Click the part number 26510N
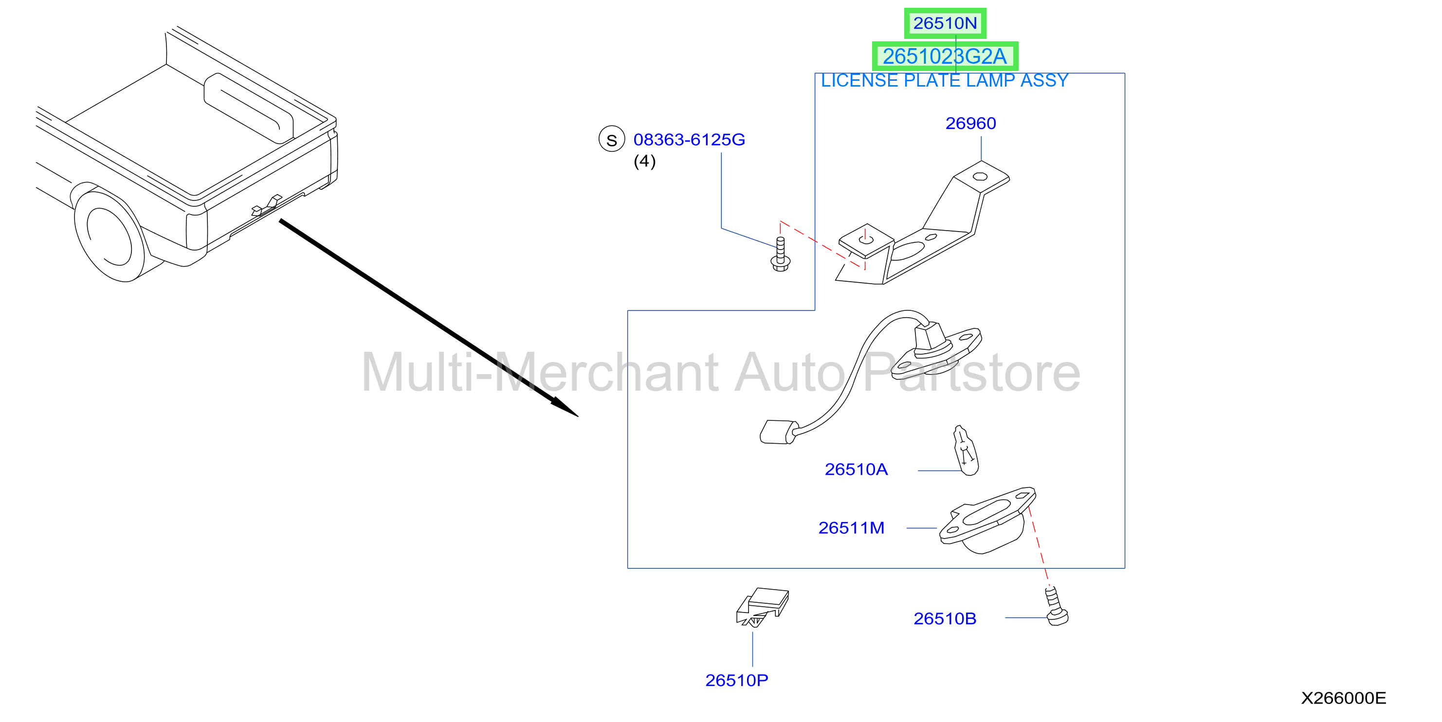click(945, 23)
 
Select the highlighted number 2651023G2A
click(945, 56)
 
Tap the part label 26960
click(971, 123)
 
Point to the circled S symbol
click(612, 139)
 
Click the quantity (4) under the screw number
click(644, 161)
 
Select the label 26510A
click(856, 469)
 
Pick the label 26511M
click(851, 528)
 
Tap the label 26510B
click(945, 618)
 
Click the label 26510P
click(737, 680)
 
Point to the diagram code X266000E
click(1344, 698)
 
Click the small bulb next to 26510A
click(966, 451)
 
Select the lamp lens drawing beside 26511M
click(987, 520)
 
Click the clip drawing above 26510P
click(763, 607)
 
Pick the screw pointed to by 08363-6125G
click(780, 254)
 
